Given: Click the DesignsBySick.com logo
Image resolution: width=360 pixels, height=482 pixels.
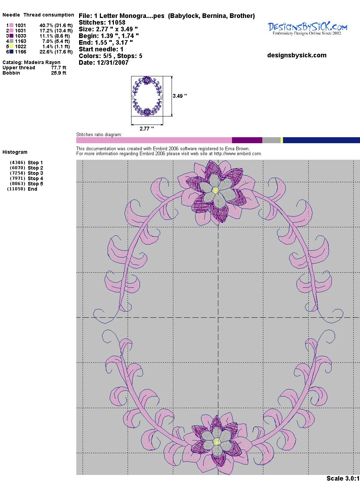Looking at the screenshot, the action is (307, 28).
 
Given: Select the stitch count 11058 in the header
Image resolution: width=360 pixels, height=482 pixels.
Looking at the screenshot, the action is (116, 23).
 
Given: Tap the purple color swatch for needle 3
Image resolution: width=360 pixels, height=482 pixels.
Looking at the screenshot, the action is (11, 36).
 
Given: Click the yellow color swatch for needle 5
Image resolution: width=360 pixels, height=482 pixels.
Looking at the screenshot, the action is (11, 46).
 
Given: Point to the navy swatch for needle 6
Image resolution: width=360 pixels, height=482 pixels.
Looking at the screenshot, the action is (11, 52).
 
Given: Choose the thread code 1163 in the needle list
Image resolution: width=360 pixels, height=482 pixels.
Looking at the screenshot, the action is (20, 41).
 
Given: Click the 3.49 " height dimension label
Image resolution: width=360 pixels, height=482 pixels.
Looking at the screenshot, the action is (180, 96).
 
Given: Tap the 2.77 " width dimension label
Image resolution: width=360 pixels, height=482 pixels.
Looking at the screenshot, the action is (147, 129).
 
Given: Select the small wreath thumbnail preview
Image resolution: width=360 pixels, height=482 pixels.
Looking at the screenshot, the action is (147, 96).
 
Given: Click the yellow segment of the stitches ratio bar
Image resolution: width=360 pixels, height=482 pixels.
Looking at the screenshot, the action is (282, 140).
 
